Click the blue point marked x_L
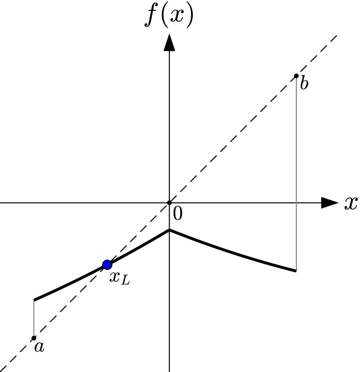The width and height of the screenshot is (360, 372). click(107, 264)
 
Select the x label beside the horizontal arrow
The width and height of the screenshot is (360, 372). click(350, 204)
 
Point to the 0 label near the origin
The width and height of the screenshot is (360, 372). click(177, 214)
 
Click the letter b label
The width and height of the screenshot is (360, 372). click(304, 84)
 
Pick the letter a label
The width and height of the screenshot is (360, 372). click(39, 346)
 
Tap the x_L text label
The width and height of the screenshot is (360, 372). click(119, 278)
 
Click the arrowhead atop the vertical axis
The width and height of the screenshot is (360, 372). click(169, 43)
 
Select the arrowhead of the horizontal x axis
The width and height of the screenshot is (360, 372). click(329, 202)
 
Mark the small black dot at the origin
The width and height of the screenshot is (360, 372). click(169, 202)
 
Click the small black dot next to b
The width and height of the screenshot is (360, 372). click(296, 76)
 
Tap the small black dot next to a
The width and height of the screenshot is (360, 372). click(34, 338)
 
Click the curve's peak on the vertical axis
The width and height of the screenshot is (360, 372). click(169, 230)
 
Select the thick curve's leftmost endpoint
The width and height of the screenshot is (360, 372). click(34, 300)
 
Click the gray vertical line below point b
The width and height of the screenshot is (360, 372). click(296, 171)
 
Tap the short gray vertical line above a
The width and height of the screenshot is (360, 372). click(34, 319)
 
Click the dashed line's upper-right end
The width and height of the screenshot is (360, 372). click(337, 35)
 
